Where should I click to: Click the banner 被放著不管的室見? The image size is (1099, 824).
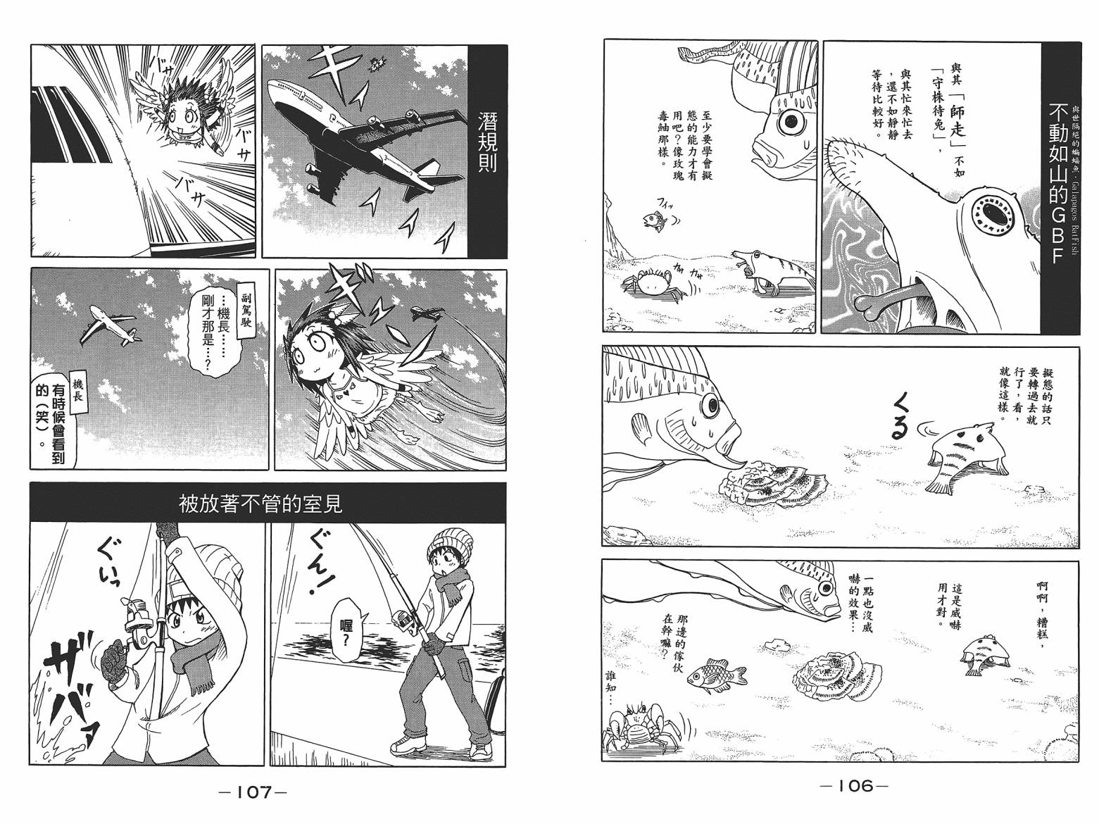267,504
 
